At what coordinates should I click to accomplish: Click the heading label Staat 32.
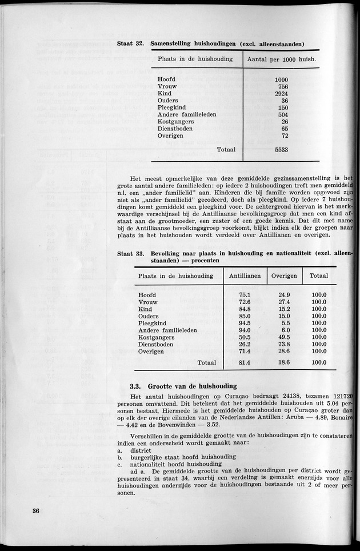130,44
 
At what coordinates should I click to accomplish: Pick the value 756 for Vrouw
281,86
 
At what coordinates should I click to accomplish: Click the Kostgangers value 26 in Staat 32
284,122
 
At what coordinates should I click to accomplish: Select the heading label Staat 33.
130,254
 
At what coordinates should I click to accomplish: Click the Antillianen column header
245,275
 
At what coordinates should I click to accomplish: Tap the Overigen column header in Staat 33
284,275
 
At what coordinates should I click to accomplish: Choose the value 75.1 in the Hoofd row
245,295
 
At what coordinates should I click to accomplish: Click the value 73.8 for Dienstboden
284,345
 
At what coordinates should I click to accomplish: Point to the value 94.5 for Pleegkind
245,324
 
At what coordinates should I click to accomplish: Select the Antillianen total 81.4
245,362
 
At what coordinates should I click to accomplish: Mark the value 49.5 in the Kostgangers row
284,338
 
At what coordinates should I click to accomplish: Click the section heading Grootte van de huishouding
184,386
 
